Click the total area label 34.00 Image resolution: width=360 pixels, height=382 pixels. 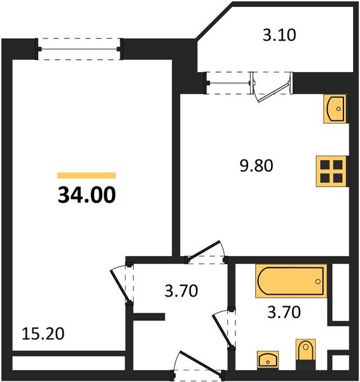point(87,195)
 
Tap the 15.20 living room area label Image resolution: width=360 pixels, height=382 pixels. point(43,334)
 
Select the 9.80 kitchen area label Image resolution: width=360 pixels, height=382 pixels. point(256,166)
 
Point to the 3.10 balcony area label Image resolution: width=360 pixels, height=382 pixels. point(279,35)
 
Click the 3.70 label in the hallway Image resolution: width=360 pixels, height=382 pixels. point(181,291)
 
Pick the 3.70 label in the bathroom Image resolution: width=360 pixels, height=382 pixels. point(284,312)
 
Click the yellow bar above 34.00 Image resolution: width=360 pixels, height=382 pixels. point(87,176)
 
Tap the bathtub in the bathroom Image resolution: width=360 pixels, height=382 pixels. point(291,281)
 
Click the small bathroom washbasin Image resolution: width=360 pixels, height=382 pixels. point(268,359)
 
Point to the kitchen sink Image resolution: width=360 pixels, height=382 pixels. point(335,109)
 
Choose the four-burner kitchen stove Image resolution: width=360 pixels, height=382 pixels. point(331,171)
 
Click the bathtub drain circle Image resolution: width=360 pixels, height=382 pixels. point(317,281)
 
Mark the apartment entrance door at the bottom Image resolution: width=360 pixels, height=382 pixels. point(198,364)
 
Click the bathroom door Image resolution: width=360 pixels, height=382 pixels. point(223,329)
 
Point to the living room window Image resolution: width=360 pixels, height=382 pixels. point(80,49)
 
